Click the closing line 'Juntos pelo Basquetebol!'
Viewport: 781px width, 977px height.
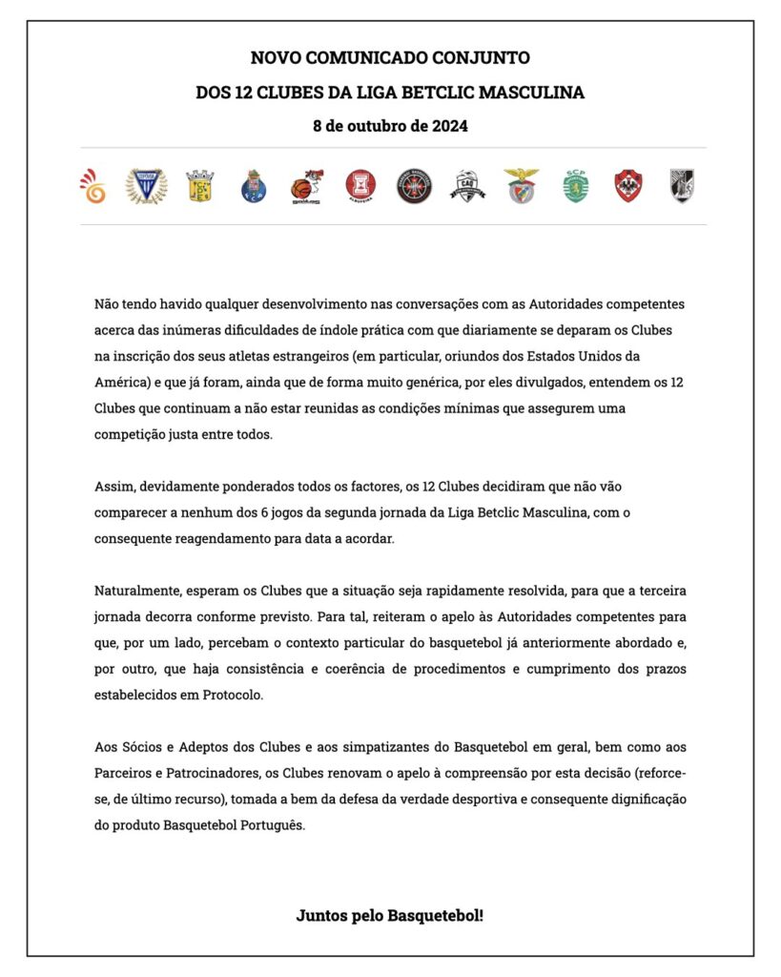[x=390, y=915]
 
